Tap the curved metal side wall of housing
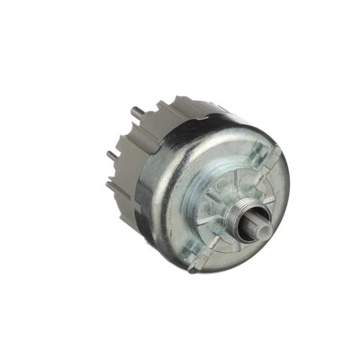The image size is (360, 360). [x=166, y=180]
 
